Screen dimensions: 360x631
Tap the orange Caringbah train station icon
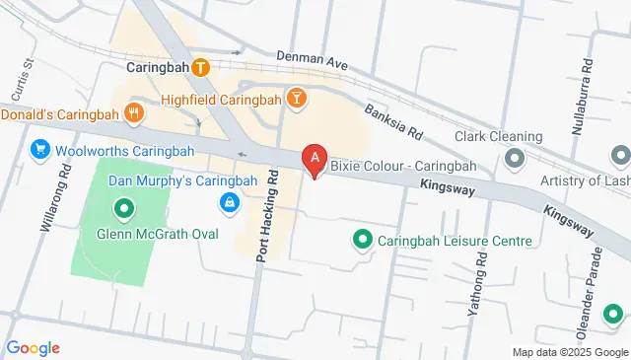[x=201, y=68]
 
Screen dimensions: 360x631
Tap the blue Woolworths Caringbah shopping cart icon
[x=40, y=150]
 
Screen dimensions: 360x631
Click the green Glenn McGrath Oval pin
[x=123, y=209]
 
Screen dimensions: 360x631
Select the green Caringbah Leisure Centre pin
[x=362, y=240]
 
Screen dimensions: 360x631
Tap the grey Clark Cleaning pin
[x=515, y=158]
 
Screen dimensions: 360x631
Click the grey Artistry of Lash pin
[x=620, y=156]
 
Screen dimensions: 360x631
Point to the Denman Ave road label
[x=313, y=60]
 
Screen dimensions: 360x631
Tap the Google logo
[x=33, y=347]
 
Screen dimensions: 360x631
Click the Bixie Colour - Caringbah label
[x=402, y=165]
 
